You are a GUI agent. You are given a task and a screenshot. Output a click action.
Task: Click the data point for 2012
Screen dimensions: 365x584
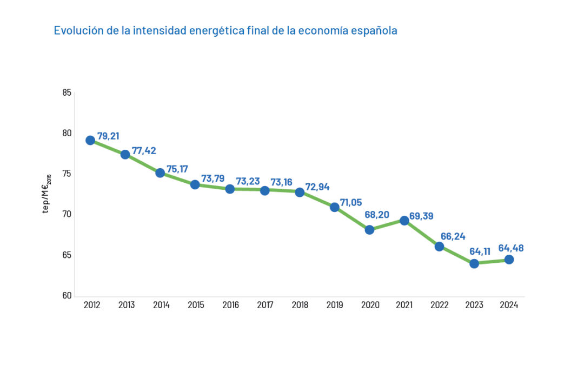tap(90, 140)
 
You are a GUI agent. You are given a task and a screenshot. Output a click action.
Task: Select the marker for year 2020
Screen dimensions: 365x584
tap(369, 229)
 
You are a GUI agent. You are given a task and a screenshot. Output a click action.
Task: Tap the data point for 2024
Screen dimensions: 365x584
tap(509, 260)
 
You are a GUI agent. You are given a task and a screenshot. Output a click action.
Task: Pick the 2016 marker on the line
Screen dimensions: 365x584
tap(230, 189)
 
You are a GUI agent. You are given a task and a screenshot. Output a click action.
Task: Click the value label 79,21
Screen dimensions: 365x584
tap(108, 136)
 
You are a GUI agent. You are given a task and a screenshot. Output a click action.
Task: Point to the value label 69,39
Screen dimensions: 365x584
tap(422, 216)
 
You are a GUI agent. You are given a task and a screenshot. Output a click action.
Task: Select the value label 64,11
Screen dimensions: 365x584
tap(480, 251)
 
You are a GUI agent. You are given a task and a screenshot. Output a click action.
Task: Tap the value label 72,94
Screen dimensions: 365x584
tap(317, 187)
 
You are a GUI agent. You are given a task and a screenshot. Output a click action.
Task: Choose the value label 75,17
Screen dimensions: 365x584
tap(177, 169)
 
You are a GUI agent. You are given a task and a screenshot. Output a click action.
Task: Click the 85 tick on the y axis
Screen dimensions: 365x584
tap(67, 92)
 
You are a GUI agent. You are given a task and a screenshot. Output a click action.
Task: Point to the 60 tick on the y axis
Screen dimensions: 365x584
tap(67, 296)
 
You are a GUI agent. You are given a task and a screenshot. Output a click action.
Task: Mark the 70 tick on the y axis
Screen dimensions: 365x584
tap(67, 215)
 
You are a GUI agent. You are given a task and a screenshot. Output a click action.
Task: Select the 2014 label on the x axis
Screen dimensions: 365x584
tap(161, 305)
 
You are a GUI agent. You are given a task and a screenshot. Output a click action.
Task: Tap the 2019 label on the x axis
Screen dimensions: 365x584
tap(335, 305)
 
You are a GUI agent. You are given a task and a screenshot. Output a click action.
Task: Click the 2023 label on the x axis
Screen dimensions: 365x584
tap(474, 305)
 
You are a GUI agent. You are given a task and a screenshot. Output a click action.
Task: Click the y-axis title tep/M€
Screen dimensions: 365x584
tap(47, 194)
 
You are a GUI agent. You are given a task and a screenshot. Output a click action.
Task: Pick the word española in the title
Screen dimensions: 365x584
tap(374, 30)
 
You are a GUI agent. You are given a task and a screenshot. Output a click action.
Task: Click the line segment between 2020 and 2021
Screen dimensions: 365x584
tap(387, 225)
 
